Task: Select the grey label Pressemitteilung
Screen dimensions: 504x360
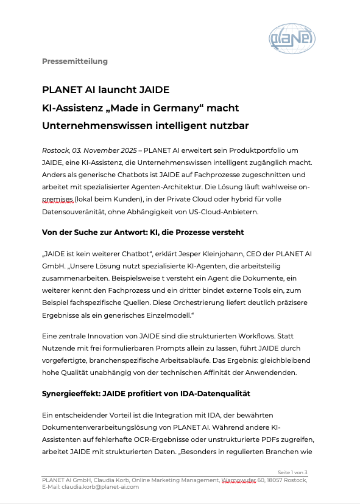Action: coord(74,61)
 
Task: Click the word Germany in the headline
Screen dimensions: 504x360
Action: coord(178,108)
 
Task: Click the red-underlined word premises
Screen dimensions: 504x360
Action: coord(58,199)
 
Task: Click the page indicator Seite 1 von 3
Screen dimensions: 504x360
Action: coord(292,472)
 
